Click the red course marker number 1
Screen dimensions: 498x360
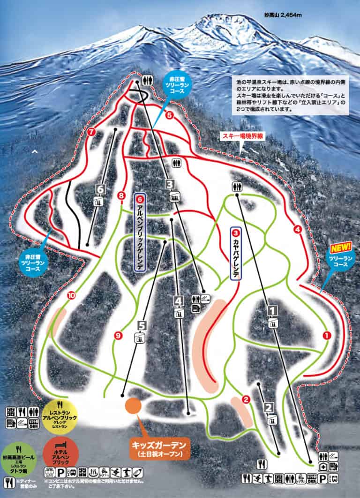(327, 335)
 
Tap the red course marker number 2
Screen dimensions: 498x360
(245, 400)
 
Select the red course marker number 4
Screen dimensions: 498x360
(297, 229)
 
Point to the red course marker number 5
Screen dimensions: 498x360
(169, 114)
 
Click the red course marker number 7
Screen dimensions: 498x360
(91, 132)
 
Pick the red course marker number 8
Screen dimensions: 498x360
(122, 195)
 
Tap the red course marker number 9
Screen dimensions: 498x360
(118, 335)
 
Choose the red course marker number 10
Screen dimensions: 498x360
(71, 295)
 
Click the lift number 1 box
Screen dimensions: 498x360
(272, 309)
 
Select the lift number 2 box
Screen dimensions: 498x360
(270, 407)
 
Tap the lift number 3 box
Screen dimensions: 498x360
(170, 184)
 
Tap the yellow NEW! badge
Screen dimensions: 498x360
(340, 247)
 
